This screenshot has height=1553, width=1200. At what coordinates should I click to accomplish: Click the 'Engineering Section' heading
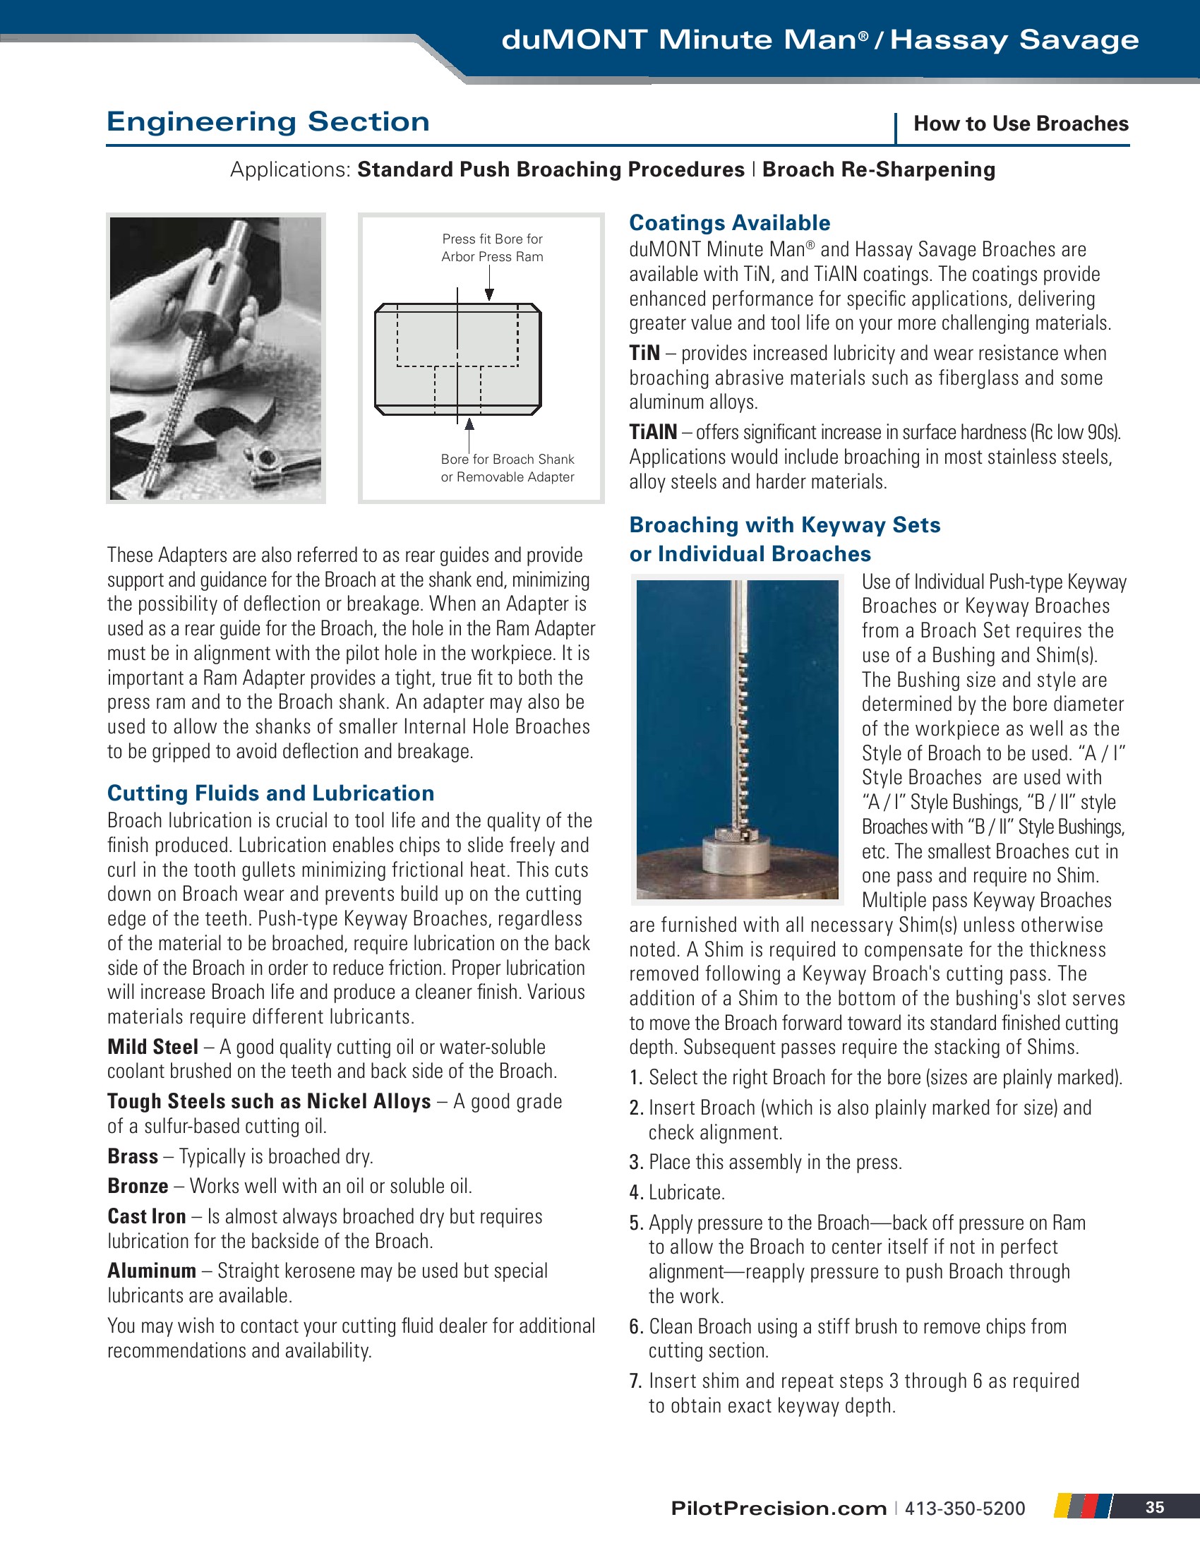pyautogui.click(x=268, y=121)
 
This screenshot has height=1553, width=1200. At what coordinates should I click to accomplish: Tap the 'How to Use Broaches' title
pyautogui.click(x=1020, y=124)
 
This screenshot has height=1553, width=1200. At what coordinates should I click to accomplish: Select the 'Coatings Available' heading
pyautogui.click(x=729, y=222)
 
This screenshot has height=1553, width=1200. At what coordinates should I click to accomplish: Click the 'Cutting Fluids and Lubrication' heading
pyautogui.click(x=271, y=793)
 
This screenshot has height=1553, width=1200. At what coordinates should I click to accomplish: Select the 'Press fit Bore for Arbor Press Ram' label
pyautogui.click(x=492, y=248)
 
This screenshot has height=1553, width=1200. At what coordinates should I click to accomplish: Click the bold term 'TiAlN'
pyautogui.click(x=653, y=431)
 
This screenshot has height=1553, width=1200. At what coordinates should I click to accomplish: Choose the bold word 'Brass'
pyautogui.click(x=133, y=1156)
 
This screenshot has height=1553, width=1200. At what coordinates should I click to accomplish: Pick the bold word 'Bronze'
pyautogui.click(x=138, y=1186)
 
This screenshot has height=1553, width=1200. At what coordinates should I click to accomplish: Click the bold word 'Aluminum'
pyautogui.click(x=152, y=1271)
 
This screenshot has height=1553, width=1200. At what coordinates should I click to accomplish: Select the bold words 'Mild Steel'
pyautogui.click(x=153, y=1047)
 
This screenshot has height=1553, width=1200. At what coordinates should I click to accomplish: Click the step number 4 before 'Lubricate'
pyautogui.click(x=635, y=1192)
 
